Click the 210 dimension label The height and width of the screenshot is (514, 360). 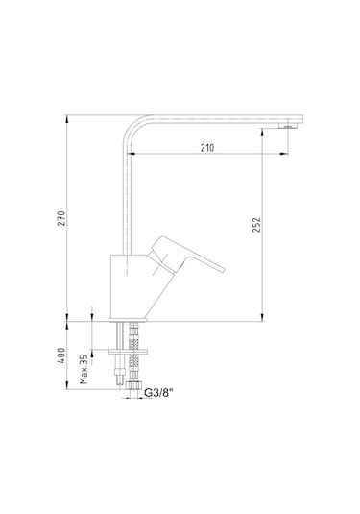pyautogui.click(x=207, y=148)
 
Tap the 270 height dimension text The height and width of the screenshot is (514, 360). pyautogui.click(x=61, y=218)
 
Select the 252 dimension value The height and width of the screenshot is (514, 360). pyautogui.click(x=256, y=225)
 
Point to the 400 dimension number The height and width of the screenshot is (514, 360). pyautogui.click(x=61, y=355)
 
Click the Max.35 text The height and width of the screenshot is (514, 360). pyautogui.click(x=84, y=369)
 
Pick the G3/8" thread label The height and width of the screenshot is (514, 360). pyautogui.click(x=158, y=392)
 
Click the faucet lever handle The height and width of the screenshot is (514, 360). pyautogui.click(x=185, y=255)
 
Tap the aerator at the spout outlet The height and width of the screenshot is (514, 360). pyautogui.click(x=288, y=126)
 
